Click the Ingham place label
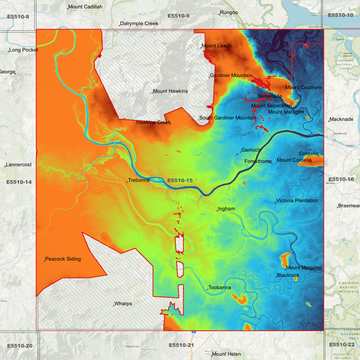[x=226, y=209]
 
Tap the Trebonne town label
[x=139, y=180]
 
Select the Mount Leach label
[x=217, y=46]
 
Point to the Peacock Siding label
[x=63, y=259]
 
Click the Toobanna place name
[x=220, y=288]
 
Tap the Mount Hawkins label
[x=170, y=91]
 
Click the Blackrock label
[x=288, y=276]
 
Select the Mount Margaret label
[x=303, y=268]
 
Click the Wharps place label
[x=123, y=304]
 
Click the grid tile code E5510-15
[x=180, y=180]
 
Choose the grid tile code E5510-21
[x=181, y=345]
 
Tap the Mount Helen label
[x=227, y=354]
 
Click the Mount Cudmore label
[x=303, y=87]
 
